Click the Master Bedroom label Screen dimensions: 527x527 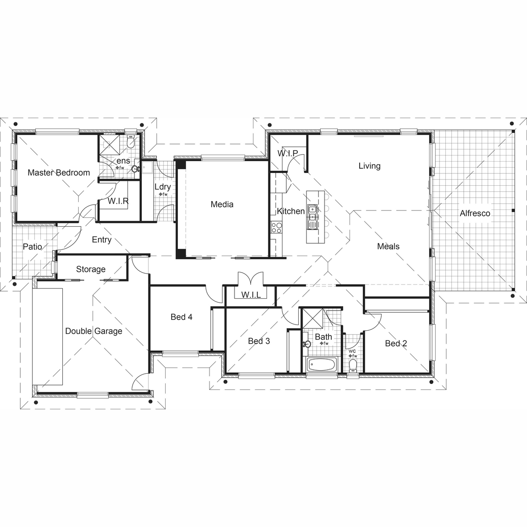(x=59, y=173)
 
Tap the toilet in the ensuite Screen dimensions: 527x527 (x=131, y=142)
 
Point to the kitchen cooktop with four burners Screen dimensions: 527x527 (x=276, y=227)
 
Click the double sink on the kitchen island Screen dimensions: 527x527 (x=312, y=217)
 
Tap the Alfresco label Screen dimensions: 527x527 (x=475, y=213)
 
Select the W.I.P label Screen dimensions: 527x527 (x=287, y=153)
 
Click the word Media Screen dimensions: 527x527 (x=222, y=204)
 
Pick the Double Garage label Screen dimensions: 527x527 (x=94, y=331)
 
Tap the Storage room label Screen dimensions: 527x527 (x=90, y=269)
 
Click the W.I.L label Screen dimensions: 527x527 (x=251, y=295)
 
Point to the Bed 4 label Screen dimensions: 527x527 (x=181, y=317)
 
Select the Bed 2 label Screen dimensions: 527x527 (x=396, y=343)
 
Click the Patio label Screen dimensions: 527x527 (x=32, y=247)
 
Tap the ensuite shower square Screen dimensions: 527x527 (x=109, y=142)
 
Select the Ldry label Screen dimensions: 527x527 (x=162, y=187)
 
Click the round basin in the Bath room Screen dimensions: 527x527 (x=307, y=344)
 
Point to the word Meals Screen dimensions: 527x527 (x=388, y=246)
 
